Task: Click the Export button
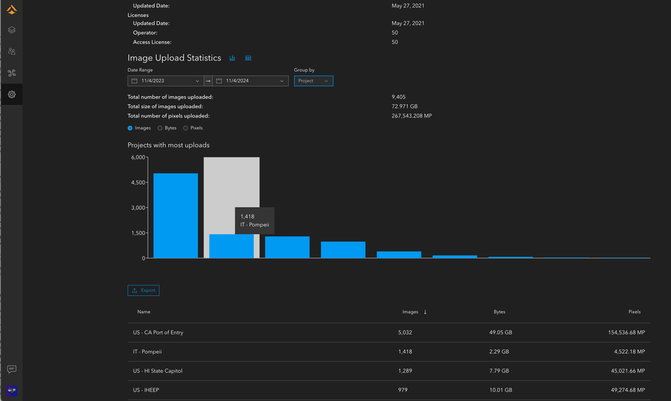click(x=143, y=291)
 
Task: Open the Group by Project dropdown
click(x=313, y=81)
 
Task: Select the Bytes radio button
click(x=160, y=128)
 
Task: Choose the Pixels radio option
click(x=186, y=128)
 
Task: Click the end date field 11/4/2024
click(x=250, y=81)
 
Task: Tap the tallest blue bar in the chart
click(x=175, y=216)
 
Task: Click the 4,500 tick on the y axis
click(x=137, y=183)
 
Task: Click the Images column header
click(x=410, y=312)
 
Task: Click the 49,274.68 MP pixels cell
click(x=622, y=390)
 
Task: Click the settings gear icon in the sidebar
click(x=11, y=94)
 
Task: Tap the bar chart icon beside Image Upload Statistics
click(x=232, y=58)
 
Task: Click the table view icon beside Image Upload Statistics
click(x=248, y=58)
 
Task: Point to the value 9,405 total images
click(x=399, y=97)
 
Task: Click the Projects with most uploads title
click(x=169, y=145)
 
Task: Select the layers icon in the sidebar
click(x=11, y=30)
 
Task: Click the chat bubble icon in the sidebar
click(x=11, y=369)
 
